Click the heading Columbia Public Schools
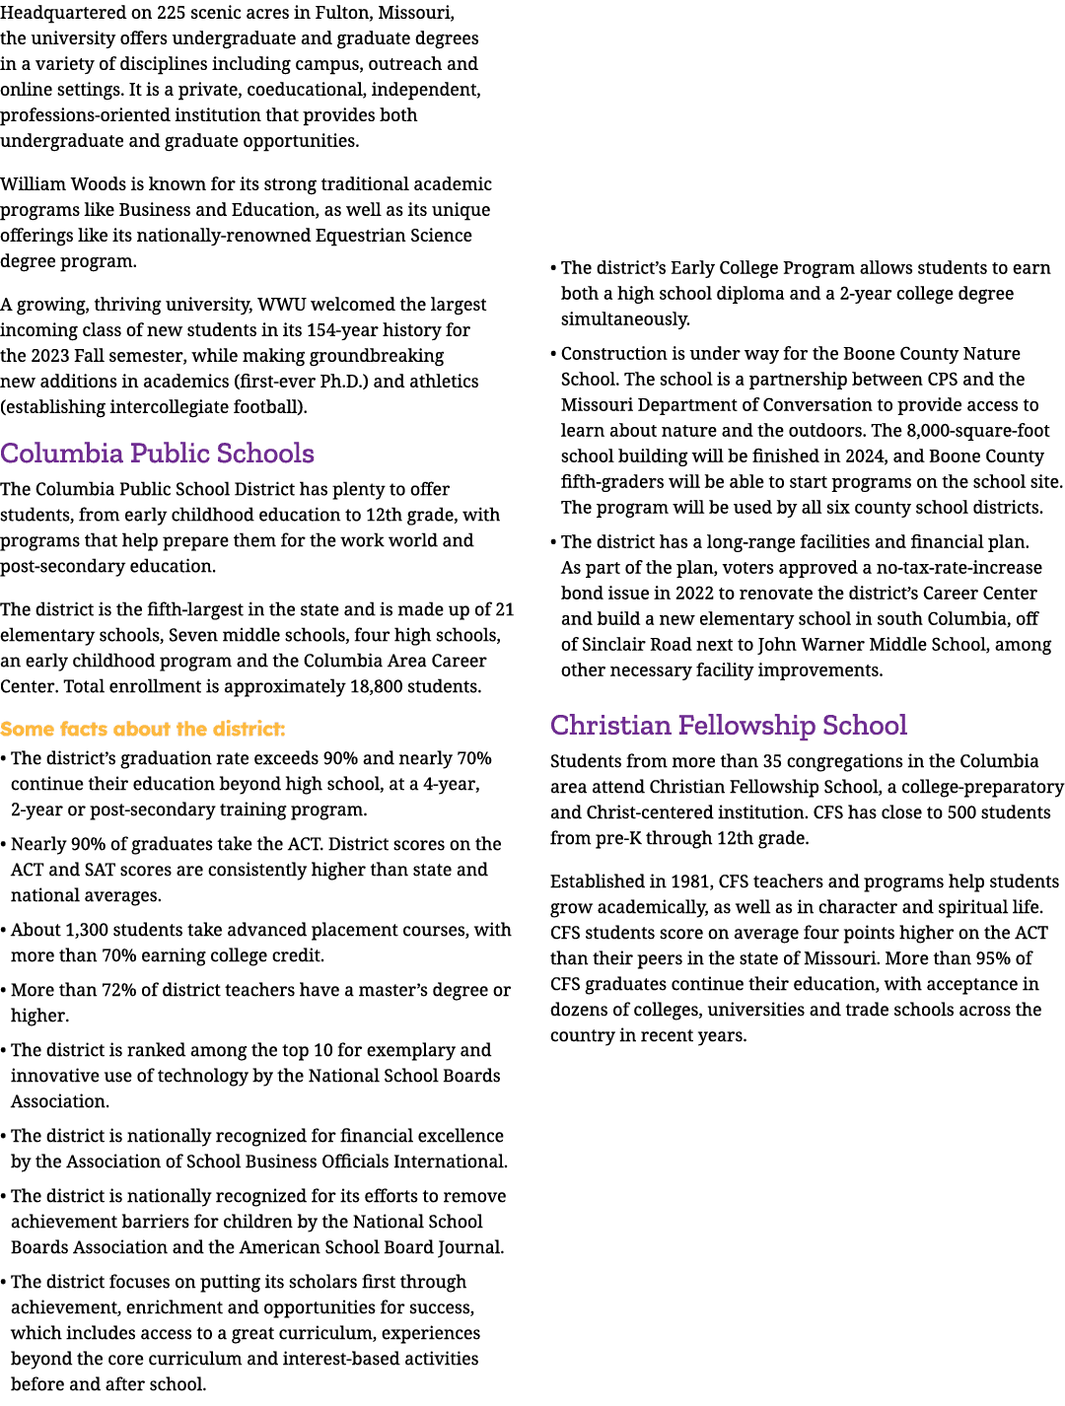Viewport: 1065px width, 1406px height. click(157, 453)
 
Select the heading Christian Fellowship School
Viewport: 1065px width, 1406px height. click(728, 725)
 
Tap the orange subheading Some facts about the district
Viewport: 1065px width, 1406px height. click(142, 729)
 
